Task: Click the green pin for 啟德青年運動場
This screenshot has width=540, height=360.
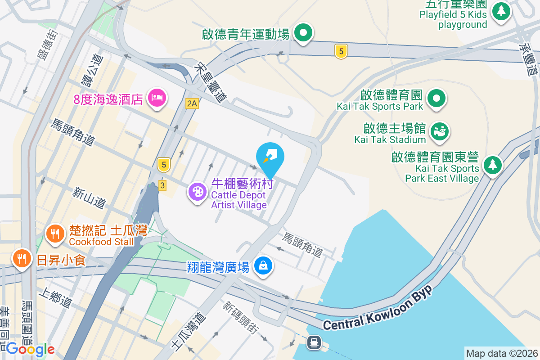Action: (303, 33)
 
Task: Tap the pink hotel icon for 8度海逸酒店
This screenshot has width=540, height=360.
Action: (156, 98)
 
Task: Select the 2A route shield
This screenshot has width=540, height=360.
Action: (192, 103)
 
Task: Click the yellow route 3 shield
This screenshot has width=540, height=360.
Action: (163, 185)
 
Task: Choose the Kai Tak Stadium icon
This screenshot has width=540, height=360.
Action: (439, 131)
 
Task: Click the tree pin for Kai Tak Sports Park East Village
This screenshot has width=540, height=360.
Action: (493, 164)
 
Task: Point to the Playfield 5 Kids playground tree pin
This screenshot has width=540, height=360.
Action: (501, 11)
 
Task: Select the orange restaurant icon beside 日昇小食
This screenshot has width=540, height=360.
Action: (21, 259)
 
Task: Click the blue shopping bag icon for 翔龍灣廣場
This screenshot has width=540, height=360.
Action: (263, 265)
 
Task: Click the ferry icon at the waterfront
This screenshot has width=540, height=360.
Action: (314, 342)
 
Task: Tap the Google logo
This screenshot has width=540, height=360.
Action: (31, 349)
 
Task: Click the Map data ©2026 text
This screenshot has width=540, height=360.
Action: (501, 353)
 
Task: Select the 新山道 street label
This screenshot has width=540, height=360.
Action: (89, 198)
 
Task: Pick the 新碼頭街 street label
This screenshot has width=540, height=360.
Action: (240, 317)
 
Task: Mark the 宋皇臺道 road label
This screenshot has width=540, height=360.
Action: (210, 82)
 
